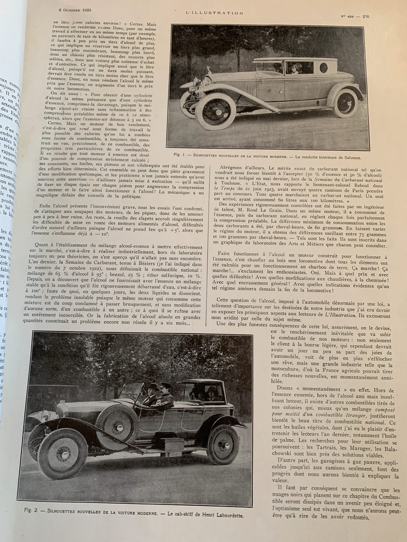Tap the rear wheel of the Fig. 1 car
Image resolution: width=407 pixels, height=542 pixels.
click(346, 102)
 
